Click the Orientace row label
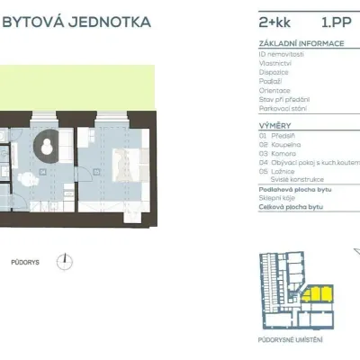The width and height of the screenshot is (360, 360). point(274,90)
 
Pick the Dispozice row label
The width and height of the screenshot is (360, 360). point(274,72)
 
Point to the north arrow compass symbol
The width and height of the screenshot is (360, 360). point(64,262)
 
